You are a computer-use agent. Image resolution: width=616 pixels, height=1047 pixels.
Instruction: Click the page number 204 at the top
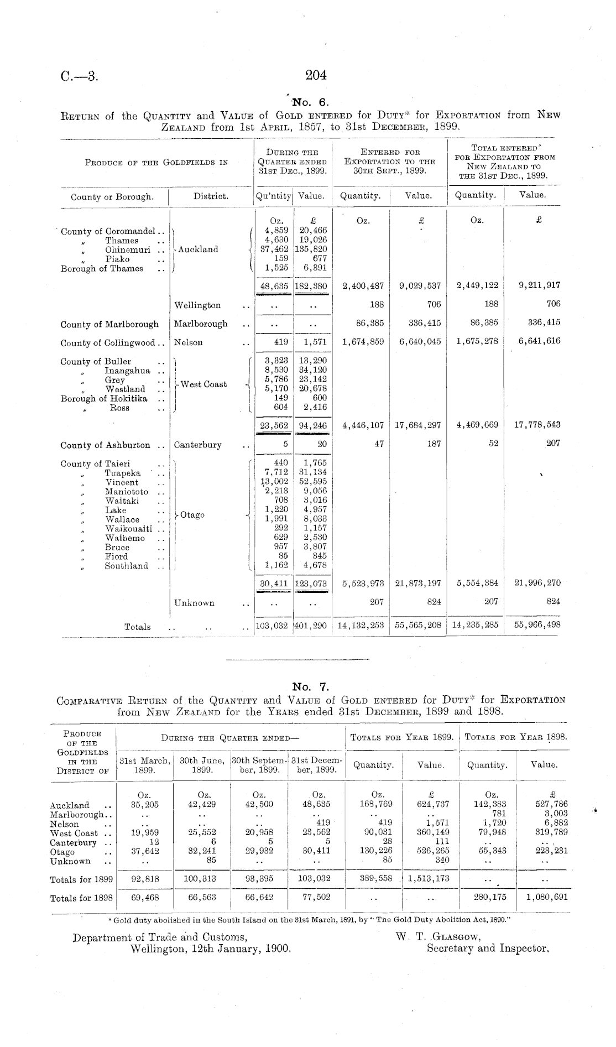(x=316, y=75)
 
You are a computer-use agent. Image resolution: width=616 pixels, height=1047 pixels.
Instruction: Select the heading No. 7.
(x=310, y=687)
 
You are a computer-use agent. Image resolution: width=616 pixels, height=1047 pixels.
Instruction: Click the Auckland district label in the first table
(x=198, y=249)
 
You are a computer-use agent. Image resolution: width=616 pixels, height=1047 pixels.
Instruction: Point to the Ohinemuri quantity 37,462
(x=275, y=249)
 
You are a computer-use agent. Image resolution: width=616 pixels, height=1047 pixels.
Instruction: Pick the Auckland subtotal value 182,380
(x=312, y=286)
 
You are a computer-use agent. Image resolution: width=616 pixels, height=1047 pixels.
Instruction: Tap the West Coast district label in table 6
(x=203, y=384)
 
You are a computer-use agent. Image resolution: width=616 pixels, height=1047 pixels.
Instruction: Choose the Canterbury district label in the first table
(x=197, y=445)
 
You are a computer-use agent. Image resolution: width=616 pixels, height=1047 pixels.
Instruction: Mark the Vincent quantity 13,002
(x=274, y=482)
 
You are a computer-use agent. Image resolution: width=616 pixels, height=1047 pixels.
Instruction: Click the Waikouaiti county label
(x=129, y=529)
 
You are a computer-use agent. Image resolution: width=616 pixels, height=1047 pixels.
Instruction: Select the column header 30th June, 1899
(x=202, y=765)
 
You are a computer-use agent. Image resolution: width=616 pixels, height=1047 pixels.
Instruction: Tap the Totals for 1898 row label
(x=81, y=898)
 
